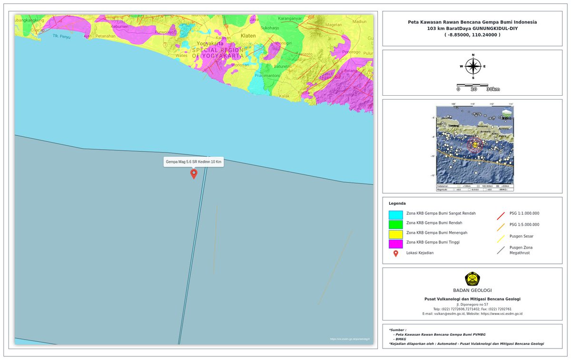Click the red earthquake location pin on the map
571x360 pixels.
pyautogui.click(x=194, y=173)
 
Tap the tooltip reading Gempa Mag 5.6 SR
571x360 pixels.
pyautogui.click(x=193, y=162)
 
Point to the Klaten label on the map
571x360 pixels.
pyautogui.click(x=248, y=36)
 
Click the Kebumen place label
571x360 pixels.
pyautogui.click(x=119, y=27)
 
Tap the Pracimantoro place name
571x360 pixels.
pyautogui.click(x=267, y=75)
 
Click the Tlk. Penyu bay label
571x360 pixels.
pyautogui.click(x=61, y=36)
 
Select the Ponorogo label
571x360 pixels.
pyautogui.click(x=352, y=52)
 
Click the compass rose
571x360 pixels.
pyautogui.click(x=473, y=66)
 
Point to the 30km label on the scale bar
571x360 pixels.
pyautogui.click(x=492, y=89)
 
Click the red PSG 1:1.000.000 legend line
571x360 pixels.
pyautogui.click(x=501, y=215)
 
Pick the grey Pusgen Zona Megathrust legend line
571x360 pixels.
pyautogui.click(x=501, y=250)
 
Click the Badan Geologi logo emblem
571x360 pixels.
pyautogui.click(x=472, y=279)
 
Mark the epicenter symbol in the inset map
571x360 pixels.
pyautogui.click(x=474, y=145)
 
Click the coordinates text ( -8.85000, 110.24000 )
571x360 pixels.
pyautogui.click(x=472, y=35)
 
